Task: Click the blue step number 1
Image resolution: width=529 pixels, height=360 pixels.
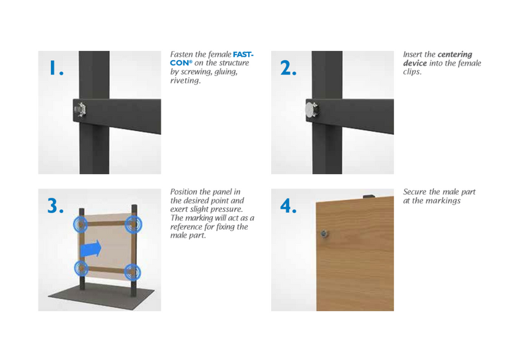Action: point(56,67)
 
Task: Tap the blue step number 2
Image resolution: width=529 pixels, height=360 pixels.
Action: point(288,68)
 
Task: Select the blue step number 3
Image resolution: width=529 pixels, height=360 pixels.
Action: point(56,206)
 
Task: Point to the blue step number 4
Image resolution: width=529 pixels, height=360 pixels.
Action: point(288,206)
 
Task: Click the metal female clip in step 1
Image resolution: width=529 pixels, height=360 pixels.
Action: point(80,109)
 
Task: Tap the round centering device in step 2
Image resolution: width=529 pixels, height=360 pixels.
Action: point(310,110)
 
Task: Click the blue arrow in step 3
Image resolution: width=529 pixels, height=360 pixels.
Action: point(91,249)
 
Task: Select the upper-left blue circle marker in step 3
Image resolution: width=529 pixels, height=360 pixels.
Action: point(80,224)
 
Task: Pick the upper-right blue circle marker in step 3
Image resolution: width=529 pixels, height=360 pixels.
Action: point(134,224)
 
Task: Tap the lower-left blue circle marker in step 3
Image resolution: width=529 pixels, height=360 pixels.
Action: point(81,269)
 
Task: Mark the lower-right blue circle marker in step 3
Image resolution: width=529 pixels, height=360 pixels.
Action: point(133,272)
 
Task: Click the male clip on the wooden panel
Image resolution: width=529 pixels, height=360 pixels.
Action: point(325,233)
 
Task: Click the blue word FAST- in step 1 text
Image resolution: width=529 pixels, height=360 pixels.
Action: point(243,54)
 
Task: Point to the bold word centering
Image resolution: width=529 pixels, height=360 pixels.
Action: point(455,55)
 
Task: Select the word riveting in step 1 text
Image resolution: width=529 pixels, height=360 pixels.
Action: point(185,81)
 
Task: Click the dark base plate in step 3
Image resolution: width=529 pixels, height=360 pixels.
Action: point(101,296)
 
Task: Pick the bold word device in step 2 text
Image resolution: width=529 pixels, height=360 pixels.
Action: point(415,63)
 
